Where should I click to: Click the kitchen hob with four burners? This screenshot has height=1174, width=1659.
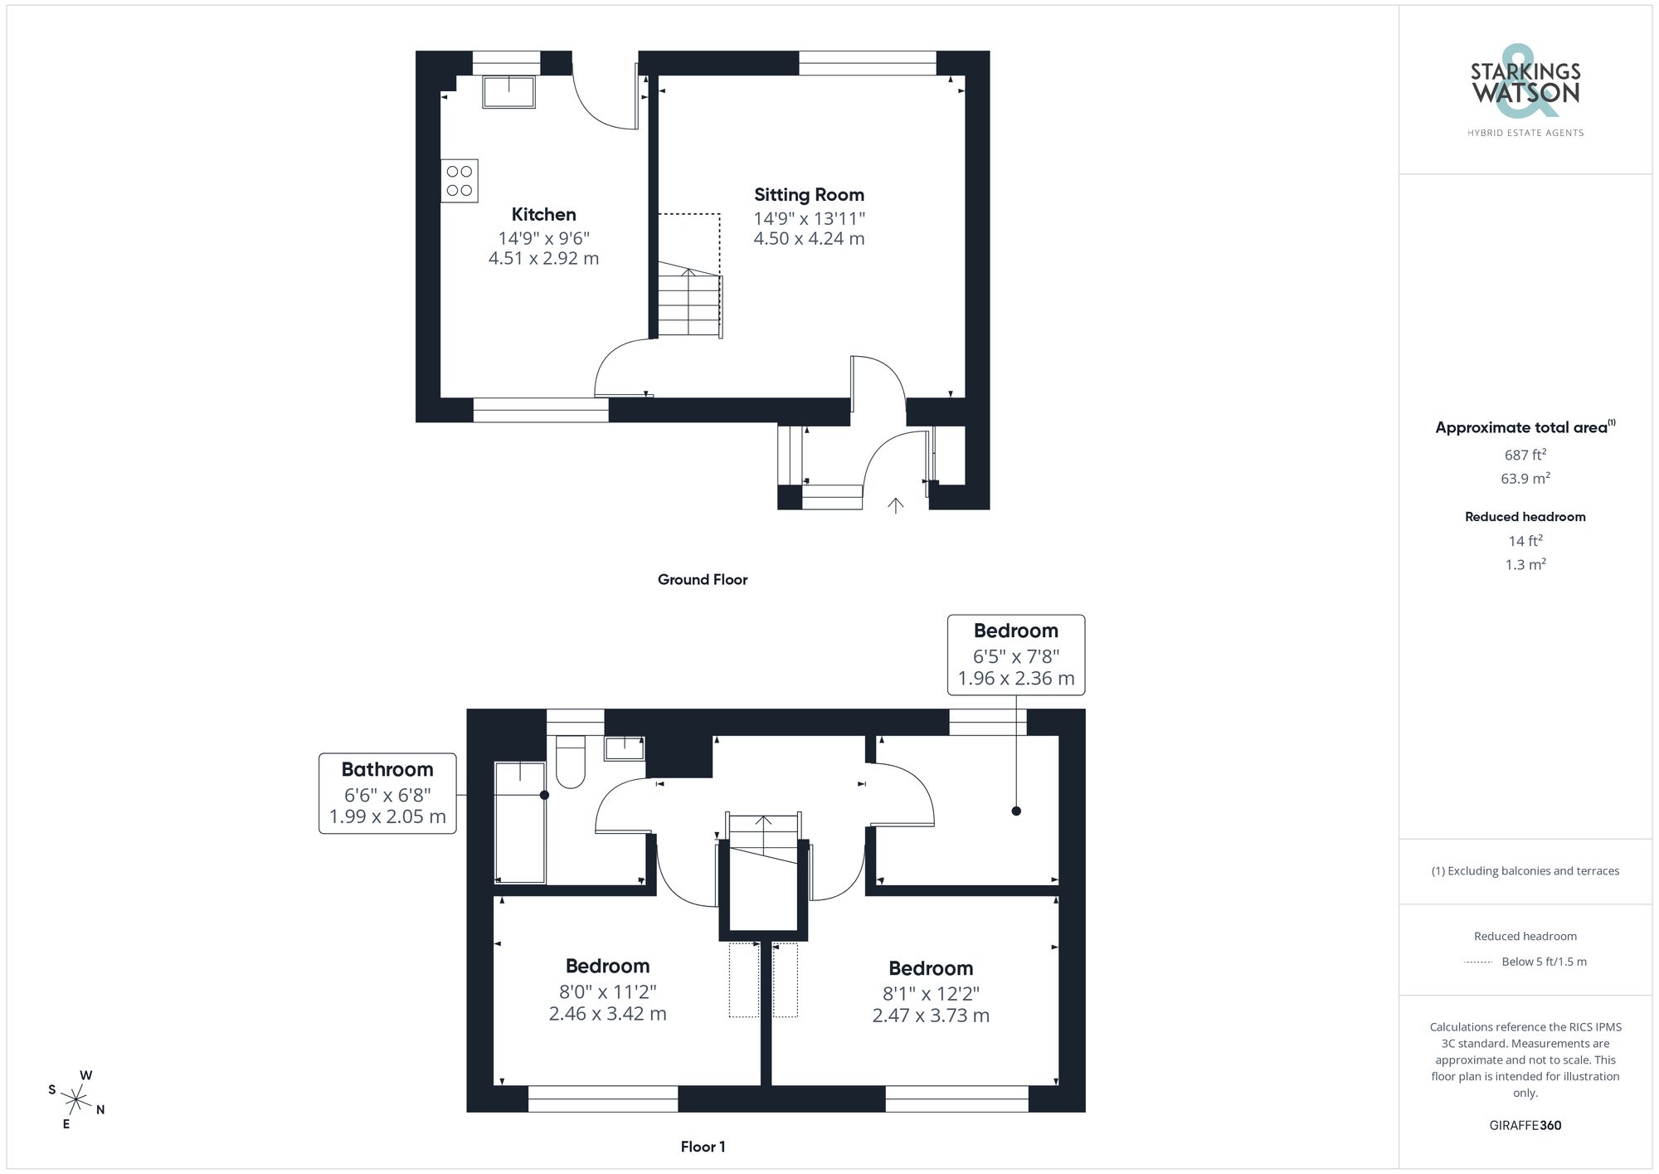(x=459, y=181)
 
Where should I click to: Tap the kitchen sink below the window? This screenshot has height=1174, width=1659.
(x=508, y=92)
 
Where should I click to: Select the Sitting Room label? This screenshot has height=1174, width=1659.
(x=809, y=195)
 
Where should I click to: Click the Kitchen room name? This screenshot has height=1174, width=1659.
(x=543, y=214)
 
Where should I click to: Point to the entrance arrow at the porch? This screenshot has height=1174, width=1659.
(x=895, y=505)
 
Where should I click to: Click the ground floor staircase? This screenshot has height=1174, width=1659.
(x=689, y=304)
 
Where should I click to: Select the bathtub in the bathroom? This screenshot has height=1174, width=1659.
(x=520, y=822)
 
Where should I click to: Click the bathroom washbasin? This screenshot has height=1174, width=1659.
(x=624, y=748)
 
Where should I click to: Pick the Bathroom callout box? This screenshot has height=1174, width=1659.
(x=387, y=793)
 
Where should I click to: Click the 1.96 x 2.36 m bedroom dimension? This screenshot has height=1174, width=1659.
(x=1016, y=679)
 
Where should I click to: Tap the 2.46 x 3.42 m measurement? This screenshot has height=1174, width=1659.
(x=607, y=1014)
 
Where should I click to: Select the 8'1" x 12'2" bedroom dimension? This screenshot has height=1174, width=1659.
(x=931, y=994)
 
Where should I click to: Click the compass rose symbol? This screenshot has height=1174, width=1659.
(x=75, y=1101)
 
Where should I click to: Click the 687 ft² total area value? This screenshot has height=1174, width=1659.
(x=1525, y=455)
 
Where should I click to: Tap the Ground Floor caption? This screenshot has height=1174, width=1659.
(x=703, y=580)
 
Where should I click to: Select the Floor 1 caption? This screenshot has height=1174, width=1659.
(x=703, y=1147)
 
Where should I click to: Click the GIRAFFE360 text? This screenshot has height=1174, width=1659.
(x=1525, y=1126)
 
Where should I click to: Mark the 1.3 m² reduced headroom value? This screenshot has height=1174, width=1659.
(x=1525, y=565)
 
